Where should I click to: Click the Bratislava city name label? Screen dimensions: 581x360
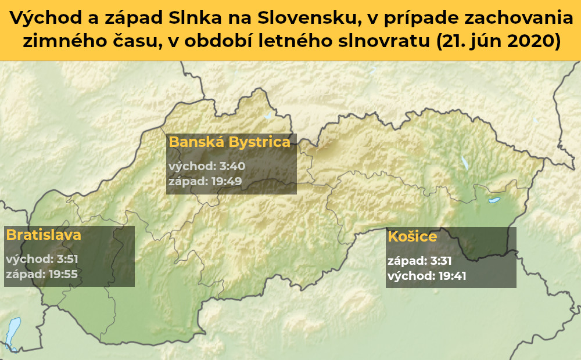44,235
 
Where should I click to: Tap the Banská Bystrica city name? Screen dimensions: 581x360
229,142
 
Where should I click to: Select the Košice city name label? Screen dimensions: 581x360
413,237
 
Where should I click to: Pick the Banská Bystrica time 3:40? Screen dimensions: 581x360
232,166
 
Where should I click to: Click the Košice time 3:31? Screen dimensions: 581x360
441,261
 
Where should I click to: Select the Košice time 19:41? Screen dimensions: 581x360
452,276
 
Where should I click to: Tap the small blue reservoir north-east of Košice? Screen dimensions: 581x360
494,200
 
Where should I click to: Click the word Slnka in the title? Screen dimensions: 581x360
196,18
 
